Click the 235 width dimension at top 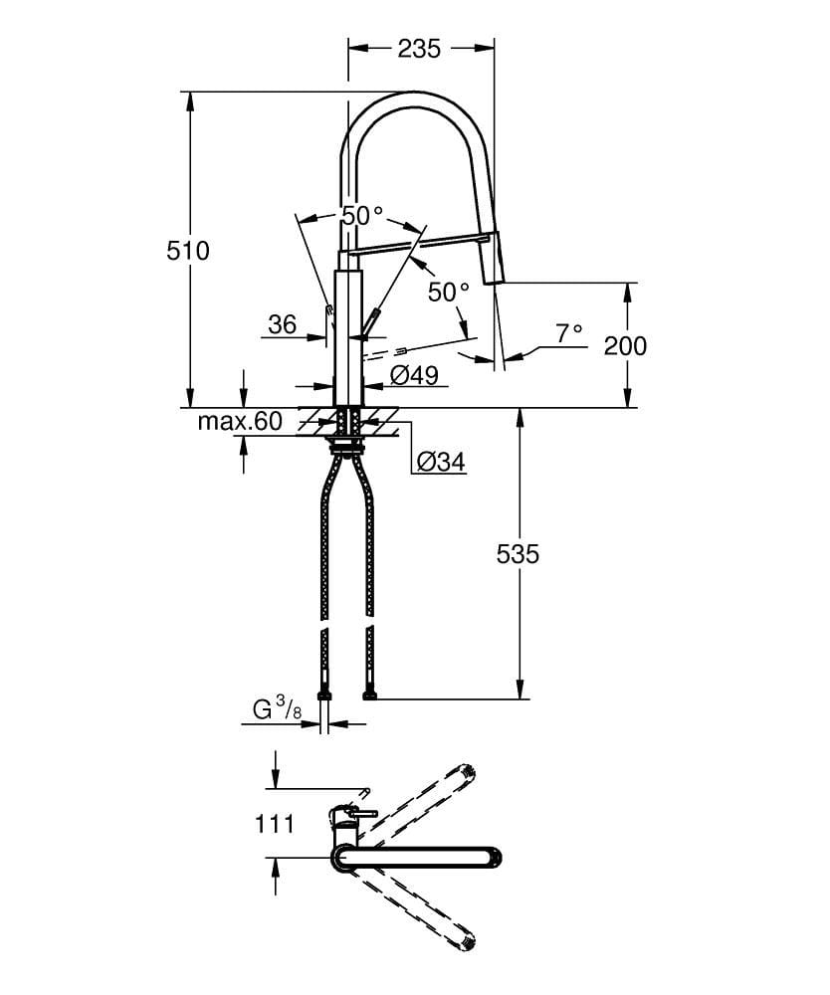(419, 48)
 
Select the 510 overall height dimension (188, 250)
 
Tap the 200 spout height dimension (625, 345)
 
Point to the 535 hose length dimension (518, 553)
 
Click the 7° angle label (570, 334)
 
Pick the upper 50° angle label (362, 215)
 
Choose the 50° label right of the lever (448, 292)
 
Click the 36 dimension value (283, 324)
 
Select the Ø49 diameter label (415, 374)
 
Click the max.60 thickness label (240, 421)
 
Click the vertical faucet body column (347, 333)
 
